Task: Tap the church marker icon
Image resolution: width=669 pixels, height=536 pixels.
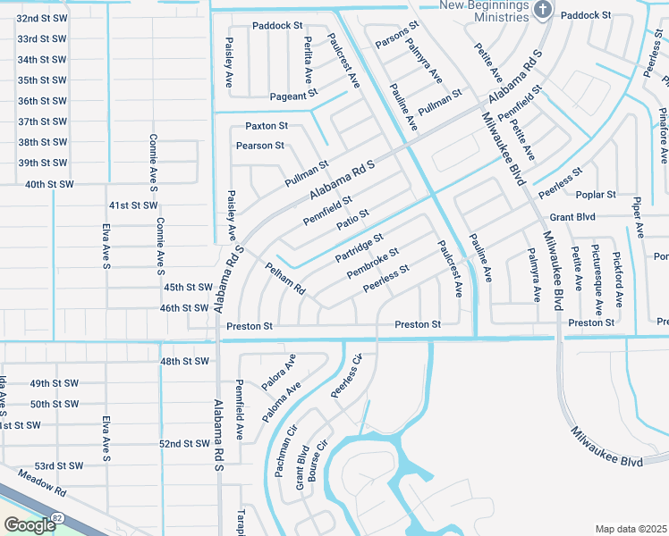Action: pyautogui.click(x=541, y=10)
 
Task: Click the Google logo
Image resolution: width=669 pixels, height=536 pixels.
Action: pyautogui.click(x=30, y=525)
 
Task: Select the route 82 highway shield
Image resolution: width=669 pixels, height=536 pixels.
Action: pyautogui.click(x=57, y=517)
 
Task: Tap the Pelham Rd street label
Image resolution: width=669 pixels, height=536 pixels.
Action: pyautogui.click(x=285, y=278)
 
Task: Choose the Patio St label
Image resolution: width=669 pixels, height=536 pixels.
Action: pyautogui.click(x=352, y=219)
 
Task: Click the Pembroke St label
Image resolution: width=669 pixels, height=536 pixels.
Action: pyautogui.click(x=372, y=263)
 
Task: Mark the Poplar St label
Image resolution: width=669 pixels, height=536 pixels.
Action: pyautogui.click(x=597, y=194)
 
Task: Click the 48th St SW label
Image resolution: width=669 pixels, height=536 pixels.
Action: pyautogui.click(x=184, y=362)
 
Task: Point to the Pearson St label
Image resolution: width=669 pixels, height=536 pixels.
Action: pyautogui.click(x=260, y=146)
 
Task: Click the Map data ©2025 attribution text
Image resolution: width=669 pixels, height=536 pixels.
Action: pyautogui.click(x=631, y=529)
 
